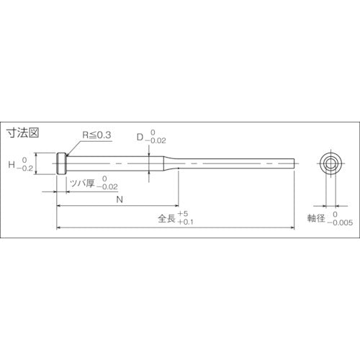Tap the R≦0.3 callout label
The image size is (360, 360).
click(x=96, y=134)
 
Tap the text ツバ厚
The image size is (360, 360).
click(x=81, y=183)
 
